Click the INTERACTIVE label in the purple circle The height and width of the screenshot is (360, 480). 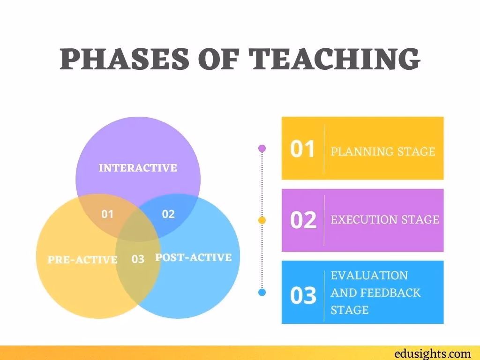tap(138, 168)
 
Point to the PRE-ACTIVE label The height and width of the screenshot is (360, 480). tap(82, 259)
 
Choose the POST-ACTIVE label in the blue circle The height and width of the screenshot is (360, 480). tap(193, 257)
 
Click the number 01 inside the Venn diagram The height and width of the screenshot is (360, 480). tap(107, 214)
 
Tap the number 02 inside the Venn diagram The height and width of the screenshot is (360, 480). tap(168, 214)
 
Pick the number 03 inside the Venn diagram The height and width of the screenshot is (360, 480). tap(138, 259)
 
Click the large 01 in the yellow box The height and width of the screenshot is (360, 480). tap(302, 149)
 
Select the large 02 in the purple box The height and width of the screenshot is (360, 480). tap(303, 220)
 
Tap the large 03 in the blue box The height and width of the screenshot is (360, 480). tap(303, 296)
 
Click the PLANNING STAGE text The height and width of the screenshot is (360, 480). tap(383, 151)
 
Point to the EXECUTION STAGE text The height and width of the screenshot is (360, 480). tap(385, 219)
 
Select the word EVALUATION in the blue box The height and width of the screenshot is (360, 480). tap(369, 275)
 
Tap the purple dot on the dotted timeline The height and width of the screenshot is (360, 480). tap(262, 148)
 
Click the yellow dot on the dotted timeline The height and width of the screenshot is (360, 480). tap(262, 220)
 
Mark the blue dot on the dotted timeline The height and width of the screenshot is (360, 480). tap(262, 292)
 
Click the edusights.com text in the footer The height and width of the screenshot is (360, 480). tap(433, 353)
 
